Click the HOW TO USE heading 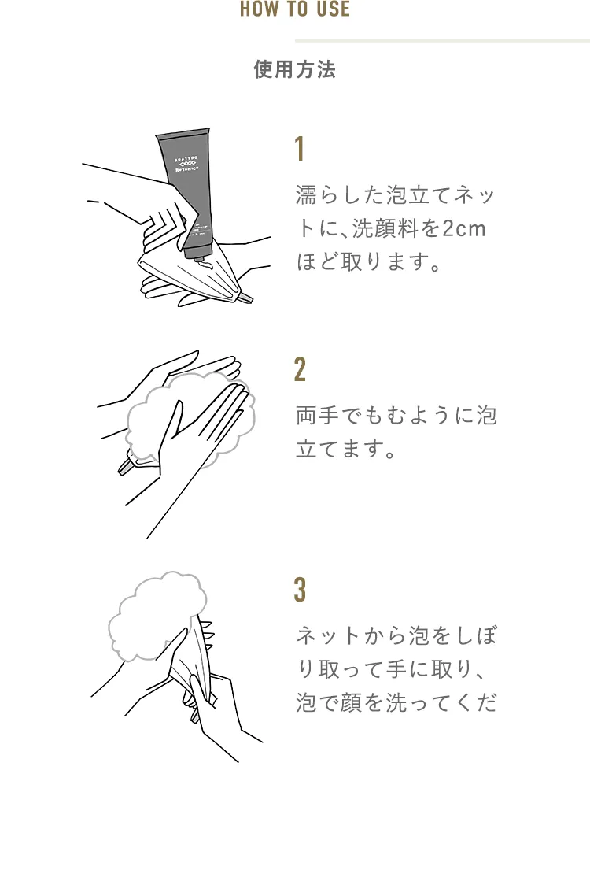tap(295, 9)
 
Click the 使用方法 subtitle tap(295, 70)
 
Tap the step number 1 tap(300, 149)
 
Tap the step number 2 tap(300, 369)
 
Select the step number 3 tap(300, 590)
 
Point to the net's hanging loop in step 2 tap(126, 466)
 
